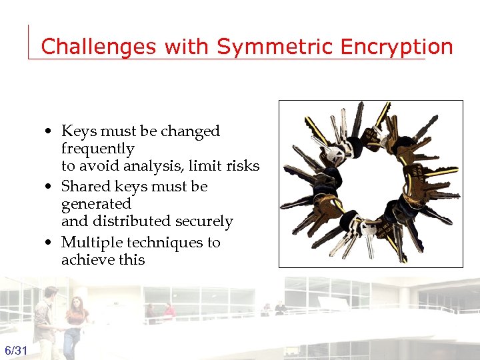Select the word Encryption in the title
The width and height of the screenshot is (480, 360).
[x=396, y=47]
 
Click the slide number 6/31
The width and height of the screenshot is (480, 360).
[x=16, y=351]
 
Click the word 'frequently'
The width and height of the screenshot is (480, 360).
[x=97, y=149]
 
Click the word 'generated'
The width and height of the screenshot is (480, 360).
[x=96, y=204]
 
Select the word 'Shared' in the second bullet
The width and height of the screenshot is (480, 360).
[x=85, y=187]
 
